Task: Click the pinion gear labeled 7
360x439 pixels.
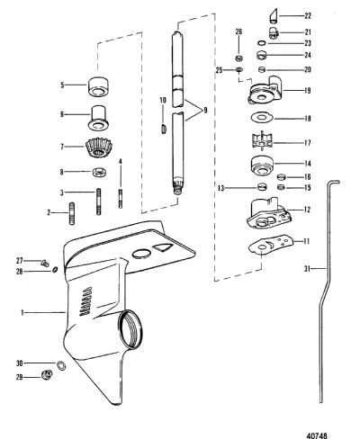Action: [x=99, y=148]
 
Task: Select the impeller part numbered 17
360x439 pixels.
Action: [x=261, y=142]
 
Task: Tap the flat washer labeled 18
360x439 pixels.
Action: [x=262, y=117]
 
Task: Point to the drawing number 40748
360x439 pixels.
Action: [x=317, y=435]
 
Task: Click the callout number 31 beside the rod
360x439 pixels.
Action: [x=307, y=269]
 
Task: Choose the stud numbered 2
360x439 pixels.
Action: [x=72, y=213]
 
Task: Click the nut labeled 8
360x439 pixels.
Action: [x=98, y=172]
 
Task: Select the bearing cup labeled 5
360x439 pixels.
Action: [x=98, y=85]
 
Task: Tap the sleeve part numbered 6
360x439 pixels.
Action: [x=100, y=117]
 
